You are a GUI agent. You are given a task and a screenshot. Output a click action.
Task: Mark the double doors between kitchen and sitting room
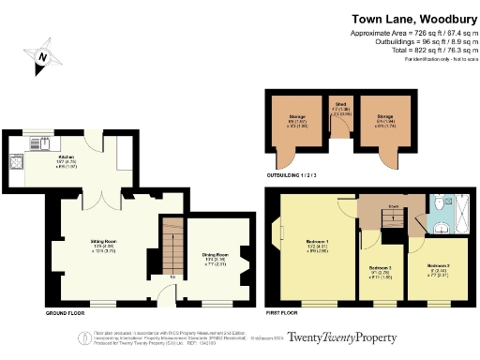point(105,193)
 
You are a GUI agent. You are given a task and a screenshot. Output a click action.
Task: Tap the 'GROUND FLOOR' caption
point(67,311)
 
